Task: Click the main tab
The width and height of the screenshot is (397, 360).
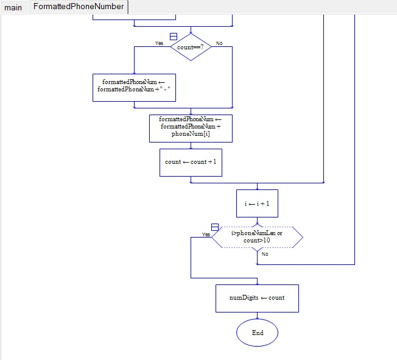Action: [13, 7]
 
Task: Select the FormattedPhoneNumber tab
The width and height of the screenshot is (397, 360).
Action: [78, 7]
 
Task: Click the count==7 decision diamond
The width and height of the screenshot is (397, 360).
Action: [191, 47]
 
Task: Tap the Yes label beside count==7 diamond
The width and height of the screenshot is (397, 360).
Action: [159, 43]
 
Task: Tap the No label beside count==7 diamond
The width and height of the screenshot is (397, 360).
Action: [219, 43]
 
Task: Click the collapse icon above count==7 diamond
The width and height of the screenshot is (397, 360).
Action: [174, 37]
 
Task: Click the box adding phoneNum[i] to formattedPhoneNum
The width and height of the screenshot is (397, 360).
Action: [190, 127]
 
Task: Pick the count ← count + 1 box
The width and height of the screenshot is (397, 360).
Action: [190, 162]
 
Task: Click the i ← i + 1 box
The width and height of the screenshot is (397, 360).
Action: [257, 203]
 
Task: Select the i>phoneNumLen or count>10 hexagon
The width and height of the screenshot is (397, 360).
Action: [257, 237]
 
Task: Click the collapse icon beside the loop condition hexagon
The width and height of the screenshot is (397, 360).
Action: [215, 227]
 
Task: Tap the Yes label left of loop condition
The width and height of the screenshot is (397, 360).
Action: [206, 235]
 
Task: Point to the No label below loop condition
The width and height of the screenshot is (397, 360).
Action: [265, 254]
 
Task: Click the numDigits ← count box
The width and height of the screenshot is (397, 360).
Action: [257, 298]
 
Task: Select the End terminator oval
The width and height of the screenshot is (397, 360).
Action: [257, 333]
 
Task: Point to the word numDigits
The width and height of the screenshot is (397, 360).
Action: [242, 298]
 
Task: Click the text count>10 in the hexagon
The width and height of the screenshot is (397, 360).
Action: [257, 241]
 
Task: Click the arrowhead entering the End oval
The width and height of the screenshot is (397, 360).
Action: [257, 317]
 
